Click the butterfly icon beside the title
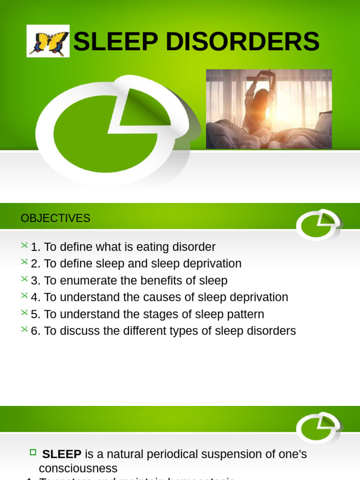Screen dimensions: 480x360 (48, 41)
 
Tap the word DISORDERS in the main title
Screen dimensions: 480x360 (251, 42)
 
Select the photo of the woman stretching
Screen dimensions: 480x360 (269, 109)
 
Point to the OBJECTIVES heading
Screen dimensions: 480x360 (55, 218)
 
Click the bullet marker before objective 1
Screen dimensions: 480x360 (24, 246)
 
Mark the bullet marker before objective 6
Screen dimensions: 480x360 (24, 330)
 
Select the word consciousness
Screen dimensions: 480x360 (78, 468)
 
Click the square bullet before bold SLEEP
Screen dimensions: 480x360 (33, 453)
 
